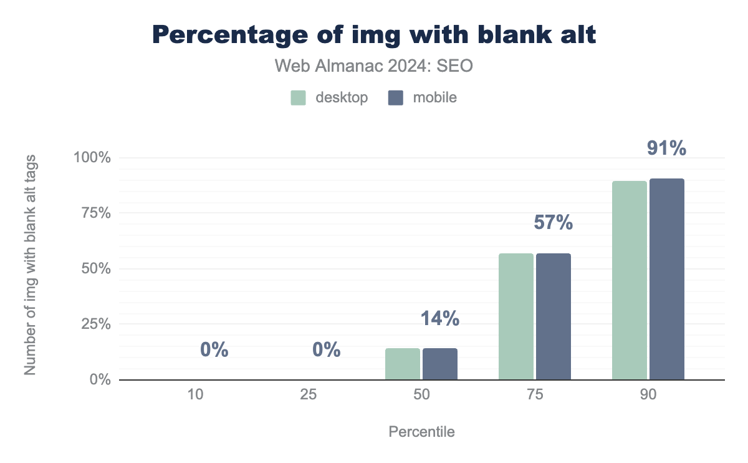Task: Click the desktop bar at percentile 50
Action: click(x=403, y=364)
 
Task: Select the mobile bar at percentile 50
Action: click(x=440, y=364)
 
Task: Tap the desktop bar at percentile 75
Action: click(x=516, y=316)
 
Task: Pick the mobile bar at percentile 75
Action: click(x=554, y=316)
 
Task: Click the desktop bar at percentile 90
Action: click(x=630, y=280)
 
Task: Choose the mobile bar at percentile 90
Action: click(x=667, y=279)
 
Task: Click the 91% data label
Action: click(x=666, y=149)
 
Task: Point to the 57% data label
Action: click(x=553, y=223)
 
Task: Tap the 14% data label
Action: click(x=439, y=318)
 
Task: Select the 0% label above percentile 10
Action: click(x=214, y=350)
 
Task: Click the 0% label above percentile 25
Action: click(x=327, y=350)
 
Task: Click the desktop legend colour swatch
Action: click(x=298, y=98)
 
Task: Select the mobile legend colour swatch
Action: click(x=396, y=98)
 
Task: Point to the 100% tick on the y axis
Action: click(x=93, y=157)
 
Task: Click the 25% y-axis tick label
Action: click(x=95, y=324)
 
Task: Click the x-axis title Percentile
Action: click(x=421, y=432)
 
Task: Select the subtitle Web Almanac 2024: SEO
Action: click(x=374, y=66)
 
